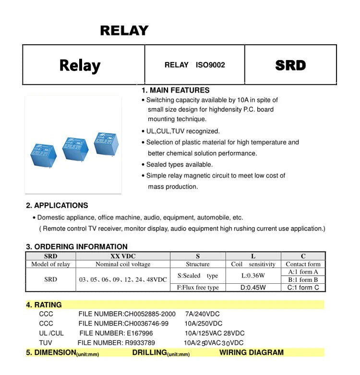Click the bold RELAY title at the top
(124, 31)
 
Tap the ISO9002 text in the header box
(210, 65)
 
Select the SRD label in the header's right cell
(290, 65)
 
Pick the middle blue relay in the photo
(75, 149)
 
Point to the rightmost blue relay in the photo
(106, 143)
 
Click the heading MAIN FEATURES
(176, 90)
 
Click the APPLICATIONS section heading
(57, 206)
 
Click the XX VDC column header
(122, 256)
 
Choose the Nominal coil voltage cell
(123, 264)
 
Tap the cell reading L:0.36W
(253, 276)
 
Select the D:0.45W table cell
(253, 288)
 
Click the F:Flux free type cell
(198, 288)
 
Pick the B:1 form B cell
(303, 279)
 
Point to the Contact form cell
(303, 264)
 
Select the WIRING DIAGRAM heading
(252, 352)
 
